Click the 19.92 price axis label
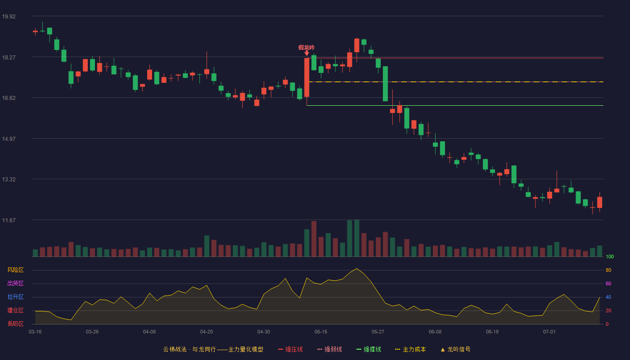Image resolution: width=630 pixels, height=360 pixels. (9, 17)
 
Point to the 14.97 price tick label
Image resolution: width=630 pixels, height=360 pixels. (9, 139)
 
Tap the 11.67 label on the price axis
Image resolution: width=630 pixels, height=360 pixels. (9, 220)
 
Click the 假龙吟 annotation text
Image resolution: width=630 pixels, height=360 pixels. (306, 48)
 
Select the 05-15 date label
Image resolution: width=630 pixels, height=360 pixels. (321, 332)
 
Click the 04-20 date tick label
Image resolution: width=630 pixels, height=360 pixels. (207, 332)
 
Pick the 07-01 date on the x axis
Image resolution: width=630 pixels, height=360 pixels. (549, 332)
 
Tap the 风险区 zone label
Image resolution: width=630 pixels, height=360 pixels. (15, 270)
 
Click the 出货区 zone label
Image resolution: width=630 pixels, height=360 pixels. (15, 283)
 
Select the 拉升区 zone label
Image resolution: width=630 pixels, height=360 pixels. (15, 297)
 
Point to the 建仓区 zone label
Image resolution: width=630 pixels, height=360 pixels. (15, 310)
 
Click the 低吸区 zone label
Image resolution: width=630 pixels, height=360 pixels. (15, 324)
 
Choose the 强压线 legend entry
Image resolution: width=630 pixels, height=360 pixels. (290, 349)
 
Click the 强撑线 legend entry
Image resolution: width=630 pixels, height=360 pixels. (369, 349)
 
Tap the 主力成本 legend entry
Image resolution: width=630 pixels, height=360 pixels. (410, 349)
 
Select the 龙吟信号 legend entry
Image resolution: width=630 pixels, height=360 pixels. (455, 349)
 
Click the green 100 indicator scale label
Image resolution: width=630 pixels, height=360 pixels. (610, 256)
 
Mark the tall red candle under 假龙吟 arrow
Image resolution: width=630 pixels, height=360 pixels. (306, 77)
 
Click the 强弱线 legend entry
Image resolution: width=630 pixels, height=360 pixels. (329, 349)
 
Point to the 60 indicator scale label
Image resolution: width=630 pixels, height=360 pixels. (608, 283)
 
